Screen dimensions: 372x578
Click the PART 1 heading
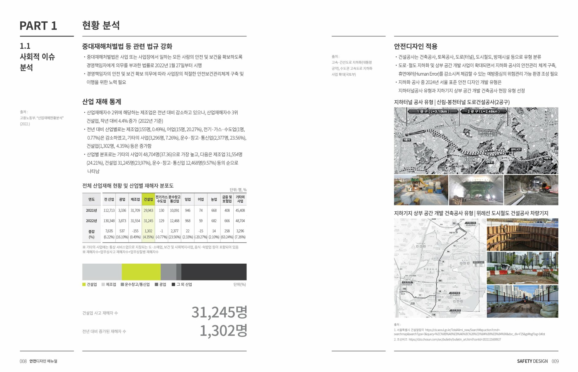pos(38,26)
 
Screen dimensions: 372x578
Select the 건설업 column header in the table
pos(148,199)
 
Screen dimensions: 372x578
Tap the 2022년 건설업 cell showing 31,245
pos(148,221)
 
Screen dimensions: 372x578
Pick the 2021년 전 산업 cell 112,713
pos(109,211)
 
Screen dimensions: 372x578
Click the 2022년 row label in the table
pos(91,221)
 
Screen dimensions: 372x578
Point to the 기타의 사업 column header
pos(240,199)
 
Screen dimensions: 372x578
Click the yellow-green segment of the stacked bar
pos(141,272)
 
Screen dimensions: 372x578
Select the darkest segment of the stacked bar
pos(214,272)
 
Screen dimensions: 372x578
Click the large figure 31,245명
pos(219,312)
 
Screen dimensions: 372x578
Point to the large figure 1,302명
pos(223,331)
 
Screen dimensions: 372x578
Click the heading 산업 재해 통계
pos(102,102)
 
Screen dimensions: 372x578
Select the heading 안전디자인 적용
pos(415,47)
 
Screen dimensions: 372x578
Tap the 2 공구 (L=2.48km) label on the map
pos(483,111)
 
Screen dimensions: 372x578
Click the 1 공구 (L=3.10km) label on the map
pos(433,111)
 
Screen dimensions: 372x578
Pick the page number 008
pos(23,361)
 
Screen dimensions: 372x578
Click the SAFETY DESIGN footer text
pos(532,361)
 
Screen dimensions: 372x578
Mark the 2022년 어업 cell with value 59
pos(201,221)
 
